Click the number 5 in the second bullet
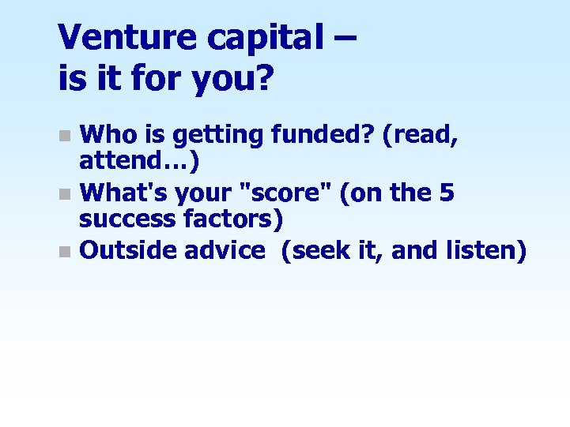coord(447,192)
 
